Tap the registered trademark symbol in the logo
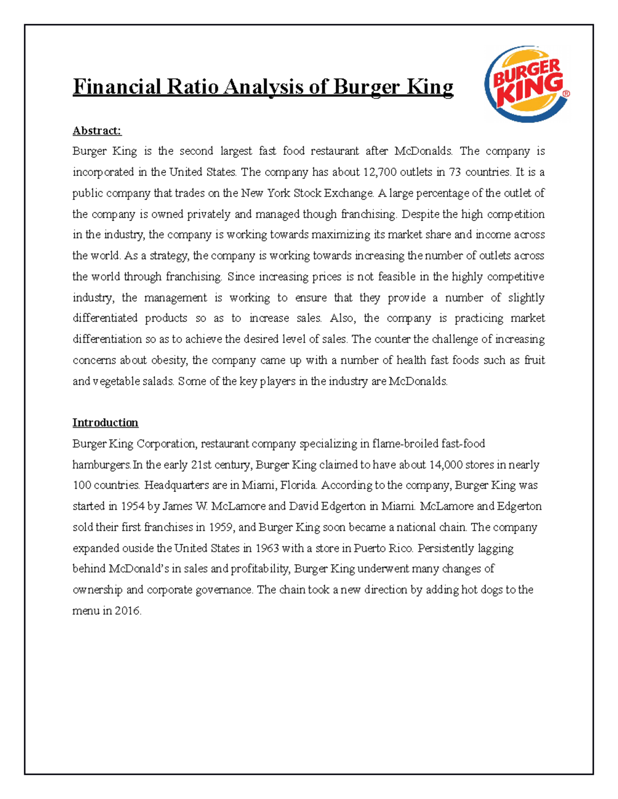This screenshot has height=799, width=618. (x=566, y=94)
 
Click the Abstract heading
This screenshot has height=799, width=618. (x=97, y=131)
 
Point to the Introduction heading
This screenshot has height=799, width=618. (x=105, y=422)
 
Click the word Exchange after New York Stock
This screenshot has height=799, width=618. (x=348, y=193)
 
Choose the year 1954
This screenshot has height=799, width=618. (x=133, y=506)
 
